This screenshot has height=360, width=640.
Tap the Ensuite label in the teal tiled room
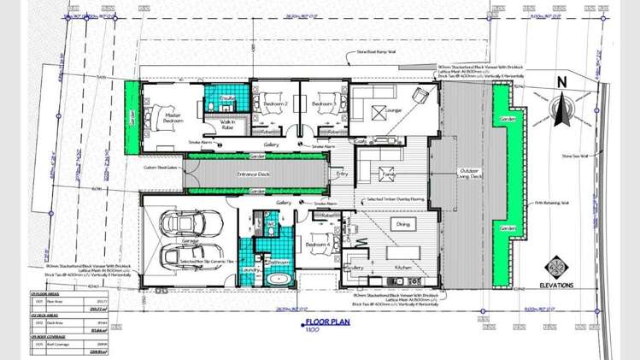tap(227, 100)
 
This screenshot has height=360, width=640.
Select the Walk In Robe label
tap(227, 126)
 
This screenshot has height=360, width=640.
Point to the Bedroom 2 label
tap(274, 103)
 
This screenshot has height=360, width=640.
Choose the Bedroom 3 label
tap(323, 103)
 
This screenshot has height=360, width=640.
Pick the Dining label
tap(402, 223)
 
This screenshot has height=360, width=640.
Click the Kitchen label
tap(405, 268)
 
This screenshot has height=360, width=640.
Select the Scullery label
tap(356, 268)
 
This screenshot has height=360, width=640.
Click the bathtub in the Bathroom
tap(279, 280)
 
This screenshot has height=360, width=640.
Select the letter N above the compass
tap(561, 82)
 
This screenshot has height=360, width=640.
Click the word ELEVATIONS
tap(556, 286)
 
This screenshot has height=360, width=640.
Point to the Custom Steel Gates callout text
tap(160, 168)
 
